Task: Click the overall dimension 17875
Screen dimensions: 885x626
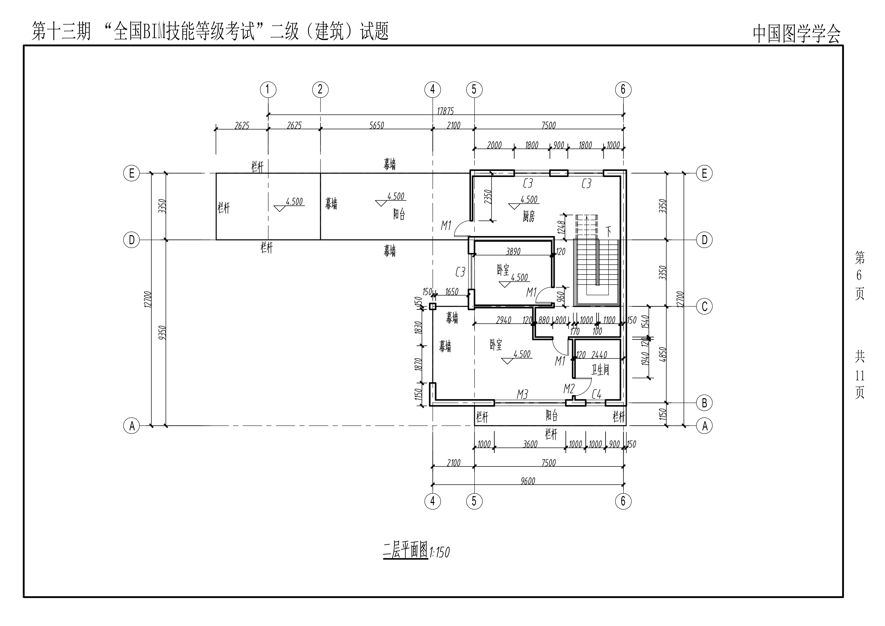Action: [445, 111]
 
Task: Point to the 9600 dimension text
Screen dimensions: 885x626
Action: [528, 481]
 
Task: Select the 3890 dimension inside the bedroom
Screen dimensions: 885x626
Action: [513, 252]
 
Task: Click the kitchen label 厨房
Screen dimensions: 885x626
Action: [529, 217]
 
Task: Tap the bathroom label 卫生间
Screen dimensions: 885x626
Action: [600, 370]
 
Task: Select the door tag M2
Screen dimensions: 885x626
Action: [569, 389]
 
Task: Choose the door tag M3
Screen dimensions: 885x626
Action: [522, 394]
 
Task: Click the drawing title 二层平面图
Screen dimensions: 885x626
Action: [405, 550]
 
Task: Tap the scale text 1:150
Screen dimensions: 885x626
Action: [439, 552]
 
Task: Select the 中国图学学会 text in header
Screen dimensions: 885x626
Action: [797, 34]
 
